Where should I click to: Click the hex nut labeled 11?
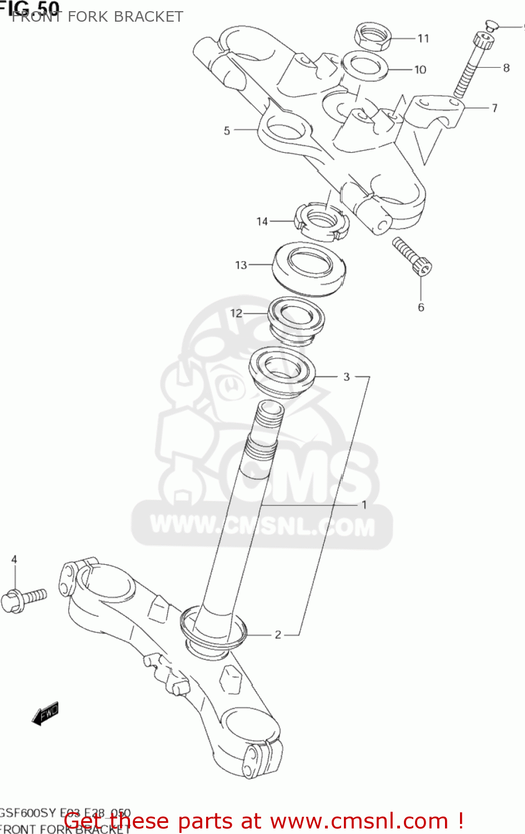373,37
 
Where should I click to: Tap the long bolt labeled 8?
472,66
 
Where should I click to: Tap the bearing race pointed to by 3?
282,370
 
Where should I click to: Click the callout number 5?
227,131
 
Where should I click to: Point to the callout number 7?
494,108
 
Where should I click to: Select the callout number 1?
364,505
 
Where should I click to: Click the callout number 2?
278,634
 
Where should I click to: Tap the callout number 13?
241,265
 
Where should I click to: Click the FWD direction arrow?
45,713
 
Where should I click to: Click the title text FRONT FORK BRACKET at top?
98,17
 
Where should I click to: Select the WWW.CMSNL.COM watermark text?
262,525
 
